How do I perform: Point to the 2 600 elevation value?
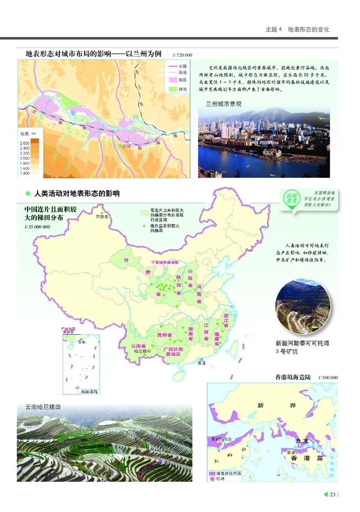pyautogui.click(x=24, y=143)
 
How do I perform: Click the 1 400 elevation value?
pyautogui.click(x=24, y=173)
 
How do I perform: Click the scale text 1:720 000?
pyautogui.click(x=182, y=55)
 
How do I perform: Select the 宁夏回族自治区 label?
pyautogui.click(x=164, y=262)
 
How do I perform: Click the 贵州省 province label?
pyautogui.click(x=165, y=335)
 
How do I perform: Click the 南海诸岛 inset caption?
pyautogui.click(x=89, y=391)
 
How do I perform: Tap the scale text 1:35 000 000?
pyautogui.click(x=37, y=227)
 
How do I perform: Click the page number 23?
pyautogui.click(x=333, y=495)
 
